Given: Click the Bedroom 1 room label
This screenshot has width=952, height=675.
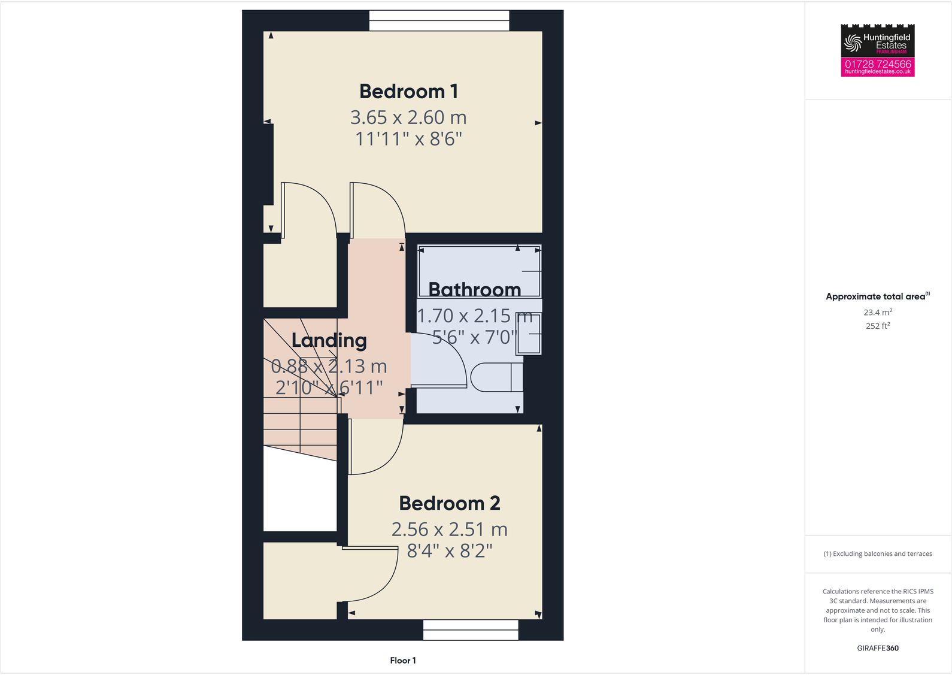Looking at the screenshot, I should (408, 92).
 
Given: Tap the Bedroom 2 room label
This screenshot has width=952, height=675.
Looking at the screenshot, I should (449, 504).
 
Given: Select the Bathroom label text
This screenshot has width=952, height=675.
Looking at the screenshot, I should (474, 290).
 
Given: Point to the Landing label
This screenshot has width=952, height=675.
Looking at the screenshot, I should (329, 341).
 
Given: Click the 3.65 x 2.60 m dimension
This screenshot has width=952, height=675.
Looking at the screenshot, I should (408, 117).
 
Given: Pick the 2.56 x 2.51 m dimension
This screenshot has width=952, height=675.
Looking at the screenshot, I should (449, 529).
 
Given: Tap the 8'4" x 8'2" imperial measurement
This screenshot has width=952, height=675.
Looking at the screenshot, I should (449, 550).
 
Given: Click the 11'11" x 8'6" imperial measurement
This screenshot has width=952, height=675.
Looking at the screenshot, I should (408, 139).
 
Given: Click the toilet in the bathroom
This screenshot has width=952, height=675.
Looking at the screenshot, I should (496, 377).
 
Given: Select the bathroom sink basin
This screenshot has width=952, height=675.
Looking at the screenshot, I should (529, 334).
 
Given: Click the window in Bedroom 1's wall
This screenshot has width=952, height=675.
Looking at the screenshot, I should (439, 20).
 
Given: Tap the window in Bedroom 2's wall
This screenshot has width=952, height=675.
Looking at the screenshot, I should (471, 629).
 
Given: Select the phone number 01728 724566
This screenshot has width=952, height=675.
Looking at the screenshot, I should (877, 63).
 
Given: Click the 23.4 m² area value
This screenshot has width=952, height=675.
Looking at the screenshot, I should (877, 313).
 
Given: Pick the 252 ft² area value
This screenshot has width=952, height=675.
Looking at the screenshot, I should (877, 326).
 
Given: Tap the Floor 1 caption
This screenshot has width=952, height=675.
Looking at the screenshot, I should (402, 661).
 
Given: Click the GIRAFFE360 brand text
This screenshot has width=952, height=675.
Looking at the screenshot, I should (877, 648).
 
